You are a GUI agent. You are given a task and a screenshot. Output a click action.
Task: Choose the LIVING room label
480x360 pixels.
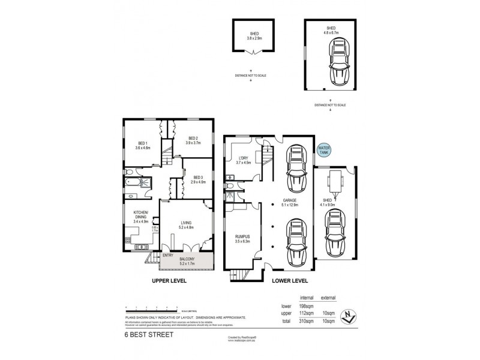(186, 223)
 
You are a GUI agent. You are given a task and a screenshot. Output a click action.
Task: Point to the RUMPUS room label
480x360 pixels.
(242, 236)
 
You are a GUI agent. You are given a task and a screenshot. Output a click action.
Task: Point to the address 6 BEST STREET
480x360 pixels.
(148, 335)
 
